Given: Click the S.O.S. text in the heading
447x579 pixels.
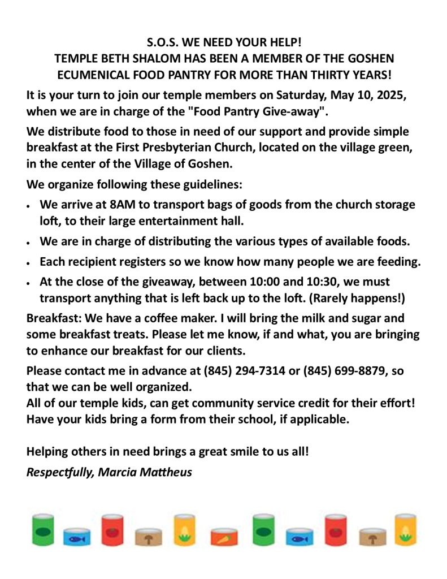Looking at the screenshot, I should [163, 42].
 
